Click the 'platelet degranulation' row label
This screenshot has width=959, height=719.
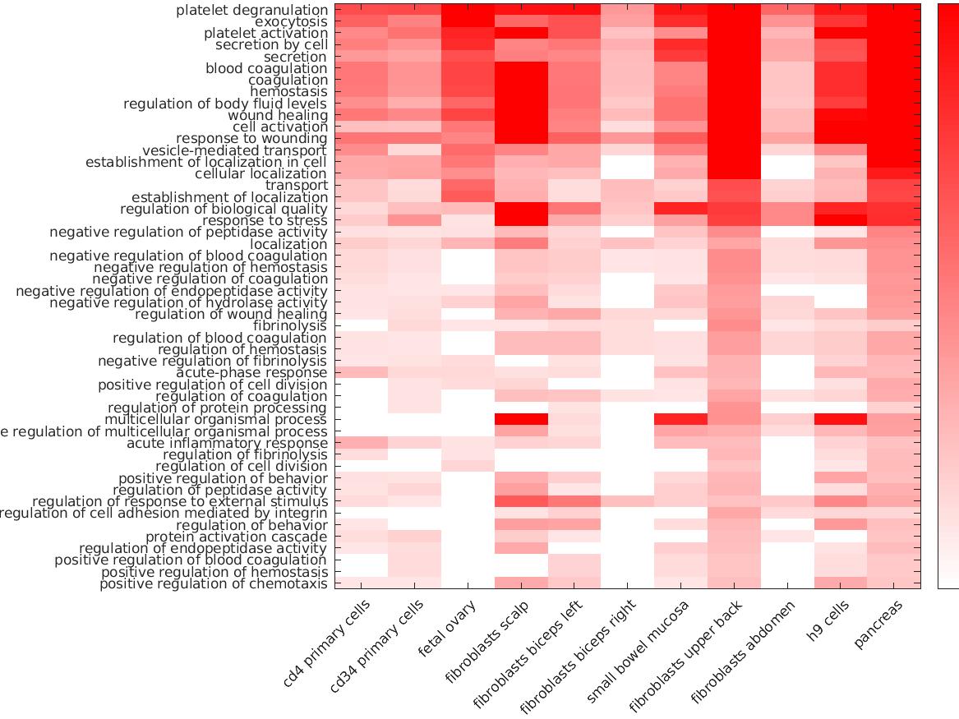coord(251,10)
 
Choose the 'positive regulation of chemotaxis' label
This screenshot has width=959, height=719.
coord(214,584)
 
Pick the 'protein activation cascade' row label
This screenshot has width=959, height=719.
coord(237,537)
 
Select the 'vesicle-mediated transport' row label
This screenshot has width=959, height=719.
coord(235,150)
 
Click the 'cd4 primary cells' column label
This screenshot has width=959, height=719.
coord(327,644)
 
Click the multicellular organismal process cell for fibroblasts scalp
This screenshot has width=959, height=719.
coord(521,420)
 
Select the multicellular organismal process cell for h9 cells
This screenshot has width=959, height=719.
coord(840,420)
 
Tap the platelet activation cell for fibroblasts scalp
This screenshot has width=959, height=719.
coord(521,34)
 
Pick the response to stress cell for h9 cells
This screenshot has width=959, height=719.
coord(840,221)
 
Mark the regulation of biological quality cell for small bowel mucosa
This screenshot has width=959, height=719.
coord(680,210)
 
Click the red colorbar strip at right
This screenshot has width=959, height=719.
coord(948,296)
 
